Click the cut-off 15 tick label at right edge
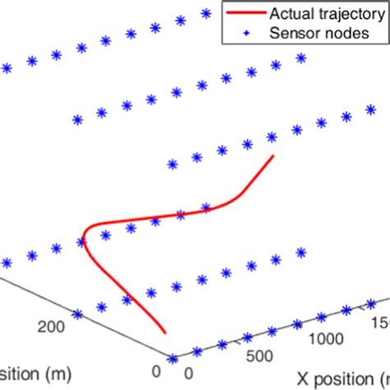point(381,322)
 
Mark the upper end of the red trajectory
point(273,156)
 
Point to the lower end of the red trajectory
point(164,332)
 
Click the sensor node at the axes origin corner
point(173,359)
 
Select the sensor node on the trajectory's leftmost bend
point(81,241)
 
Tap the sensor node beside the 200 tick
point(77,314)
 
